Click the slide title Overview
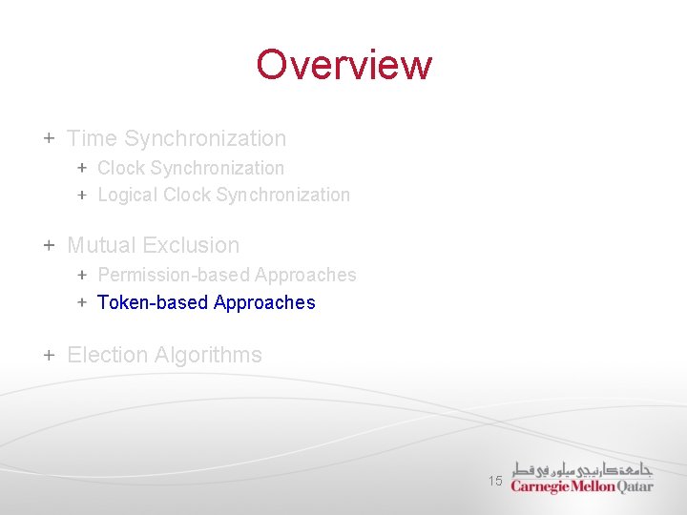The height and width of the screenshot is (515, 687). point(343,65)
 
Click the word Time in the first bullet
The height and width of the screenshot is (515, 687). point(92,138)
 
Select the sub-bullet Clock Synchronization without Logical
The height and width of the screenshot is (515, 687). point(191,168)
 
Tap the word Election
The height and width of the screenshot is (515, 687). point(108,355)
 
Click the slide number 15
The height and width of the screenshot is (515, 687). point(495,482)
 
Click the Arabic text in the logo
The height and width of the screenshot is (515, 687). point(581,469)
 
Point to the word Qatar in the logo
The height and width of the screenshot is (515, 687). point(635,486)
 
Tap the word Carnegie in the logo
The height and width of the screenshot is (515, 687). point(540,486)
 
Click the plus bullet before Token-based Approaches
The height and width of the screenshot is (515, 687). point(82,302)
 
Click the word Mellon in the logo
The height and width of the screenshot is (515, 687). point(593,486)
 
